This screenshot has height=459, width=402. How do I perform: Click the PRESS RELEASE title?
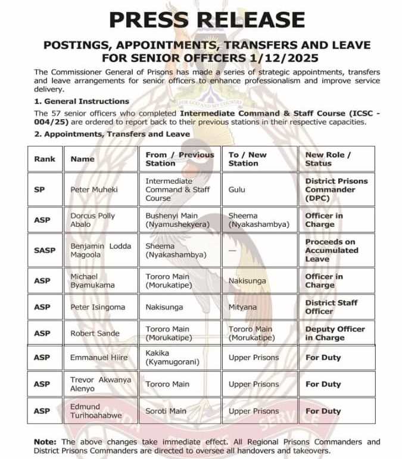click(207, 20)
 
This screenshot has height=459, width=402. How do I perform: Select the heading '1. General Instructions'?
click(82, 101)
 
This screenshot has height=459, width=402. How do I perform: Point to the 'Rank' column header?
click(45, 159)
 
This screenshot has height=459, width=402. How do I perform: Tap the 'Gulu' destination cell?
click(237, 189)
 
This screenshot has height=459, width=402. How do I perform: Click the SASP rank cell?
click(45, 251)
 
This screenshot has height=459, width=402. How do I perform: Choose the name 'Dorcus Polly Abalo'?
click(92, 220)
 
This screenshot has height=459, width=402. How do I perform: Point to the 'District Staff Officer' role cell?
click(331, 307)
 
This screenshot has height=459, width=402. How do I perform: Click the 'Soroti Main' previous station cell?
click(167, 411)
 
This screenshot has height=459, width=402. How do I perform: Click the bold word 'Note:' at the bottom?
click(45, 442)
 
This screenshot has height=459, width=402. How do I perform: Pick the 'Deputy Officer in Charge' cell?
click(334, 333)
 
